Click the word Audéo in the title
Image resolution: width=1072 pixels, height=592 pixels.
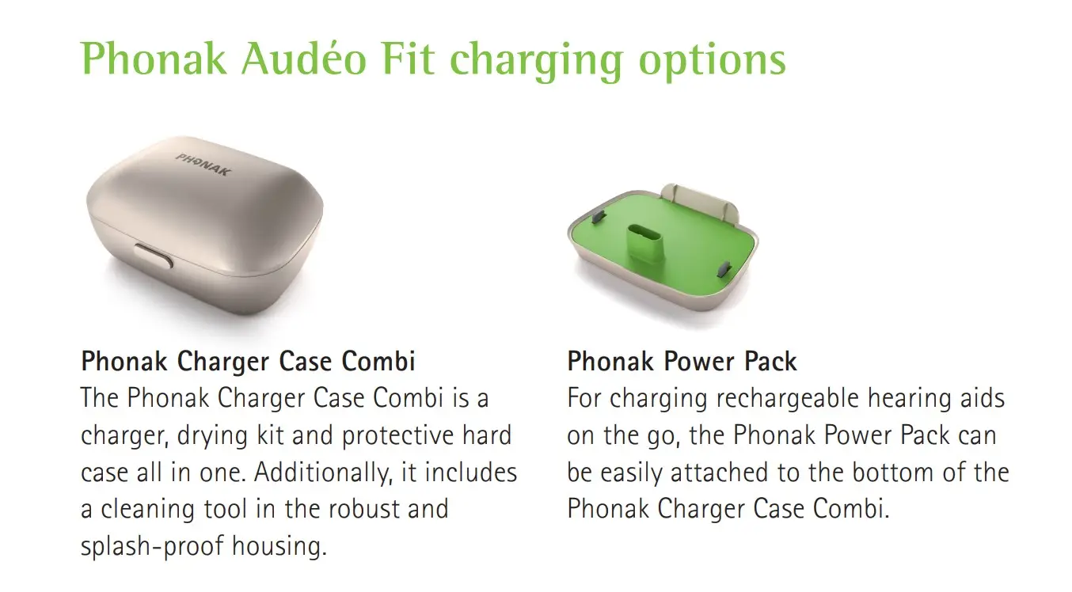coord(304,59)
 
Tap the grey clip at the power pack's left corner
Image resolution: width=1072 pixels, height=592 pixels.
coord(599,217)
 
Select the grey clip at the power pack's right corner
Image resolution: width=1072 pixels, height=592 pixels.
coord(724,270)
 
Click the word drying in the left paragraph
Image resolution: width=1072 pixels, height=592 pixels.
coord(212,436)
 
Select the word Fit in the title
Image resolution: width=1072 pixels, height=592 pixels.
coord(409,59)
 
